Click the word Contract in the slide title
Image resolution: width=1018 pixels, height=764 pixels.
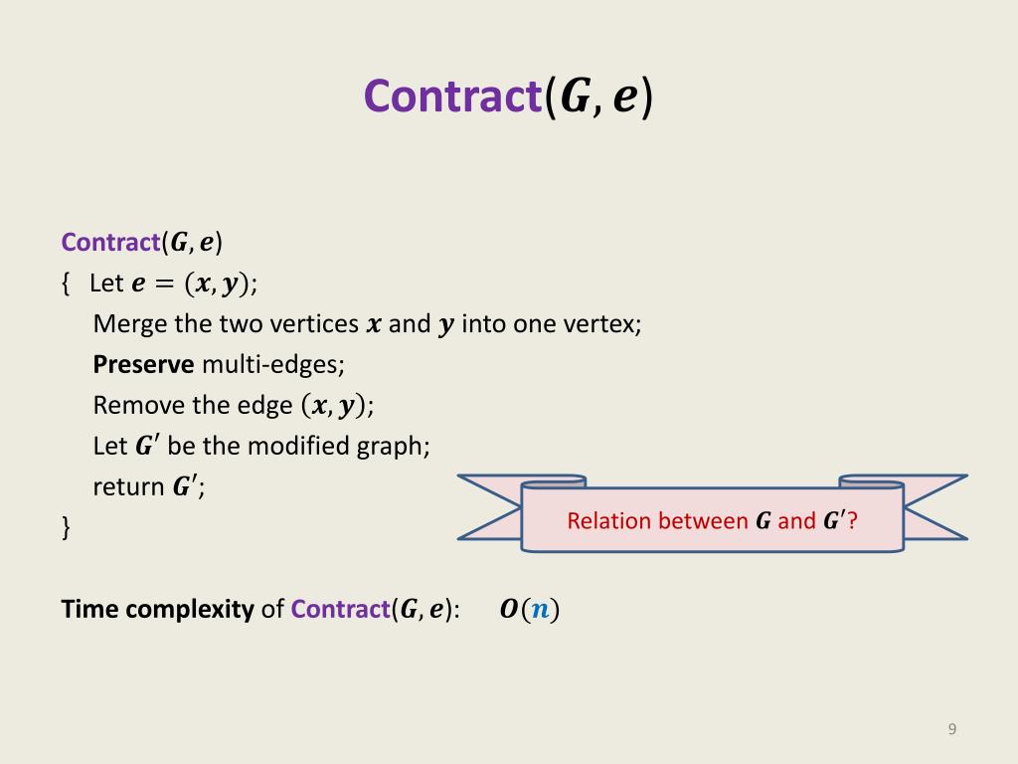pos(452,97)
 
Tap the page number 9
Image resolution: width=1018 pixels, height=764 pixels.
pos(951,730)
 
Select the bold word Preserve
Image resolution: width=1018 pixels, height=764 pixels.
pos(143,365)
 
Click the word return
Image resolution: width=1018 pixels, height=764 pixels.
pos(128,487)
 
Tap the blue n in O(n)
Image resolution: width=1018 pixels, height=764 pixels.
pos(539,610)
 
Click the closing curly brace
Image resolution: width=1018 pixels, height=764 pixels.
pos(67,527)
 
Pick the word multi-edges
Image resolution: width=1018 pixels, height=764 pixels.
pos(272,365)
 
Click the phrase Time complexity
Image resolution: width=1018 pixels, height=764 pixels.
pos(158,610)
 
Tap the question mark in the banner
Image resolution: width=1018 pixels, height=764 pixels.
pos(852,521)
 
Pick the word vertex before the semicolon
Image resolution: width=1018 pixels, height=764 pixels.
pos(600,324)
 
